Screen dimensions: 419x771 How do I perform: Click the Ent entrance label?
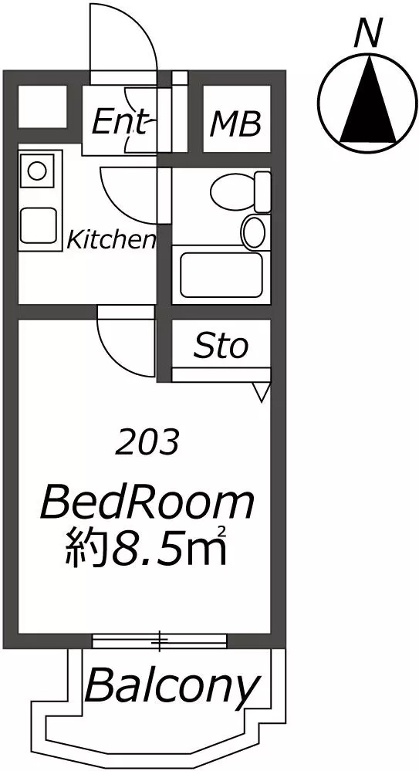coord(120,122)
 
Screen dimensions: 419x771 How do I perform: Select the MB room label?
coord(235,124)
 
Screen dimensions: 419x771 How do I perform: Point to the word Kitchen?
coord(112,239)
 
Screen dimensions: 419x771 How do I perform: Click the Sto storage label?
coord(220,347)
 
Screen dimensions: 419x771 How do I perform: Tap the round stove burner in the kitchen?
coord(36,171)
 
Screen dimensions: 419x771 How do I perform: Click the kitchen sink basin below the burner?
coord(38,225)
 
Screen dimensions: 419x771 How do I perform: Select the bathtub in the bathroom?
coord(221,275)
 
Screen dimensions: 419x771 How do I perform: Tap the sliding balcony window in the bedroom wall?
coord(160,641)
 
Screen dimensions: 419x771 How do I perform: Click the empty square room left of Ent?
coord(42,107)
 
